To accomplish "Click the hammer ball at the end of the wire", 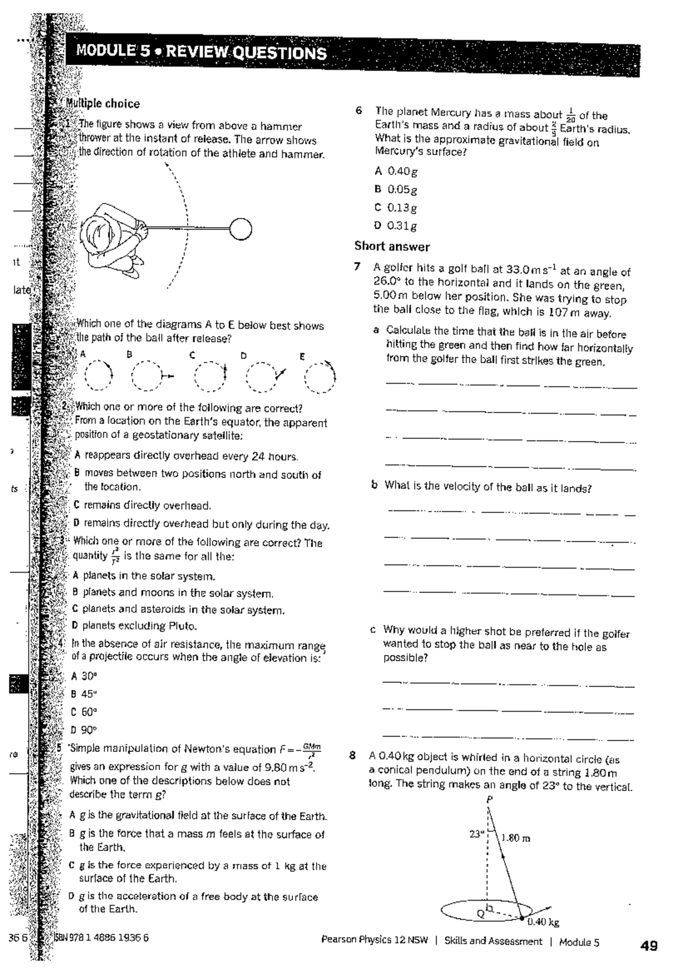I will pos(241,229).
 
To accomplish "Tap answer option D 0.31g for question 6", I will pos(396,226).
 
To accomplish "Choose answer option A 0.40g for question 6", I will pos(396,171).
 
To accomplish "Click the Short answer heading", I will pos(392,247).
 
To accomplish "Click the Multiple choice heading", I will pos(103,104).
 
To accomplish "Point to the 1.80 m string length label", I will pos(515,838).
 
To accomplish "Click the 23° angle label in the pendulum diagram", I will pos(476,834).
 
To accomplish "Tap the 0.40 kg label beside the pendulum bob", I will pos(543,922).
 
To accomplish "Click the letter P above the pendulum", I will pos(489,799).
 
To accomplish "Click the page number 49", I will pos(649,946).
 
